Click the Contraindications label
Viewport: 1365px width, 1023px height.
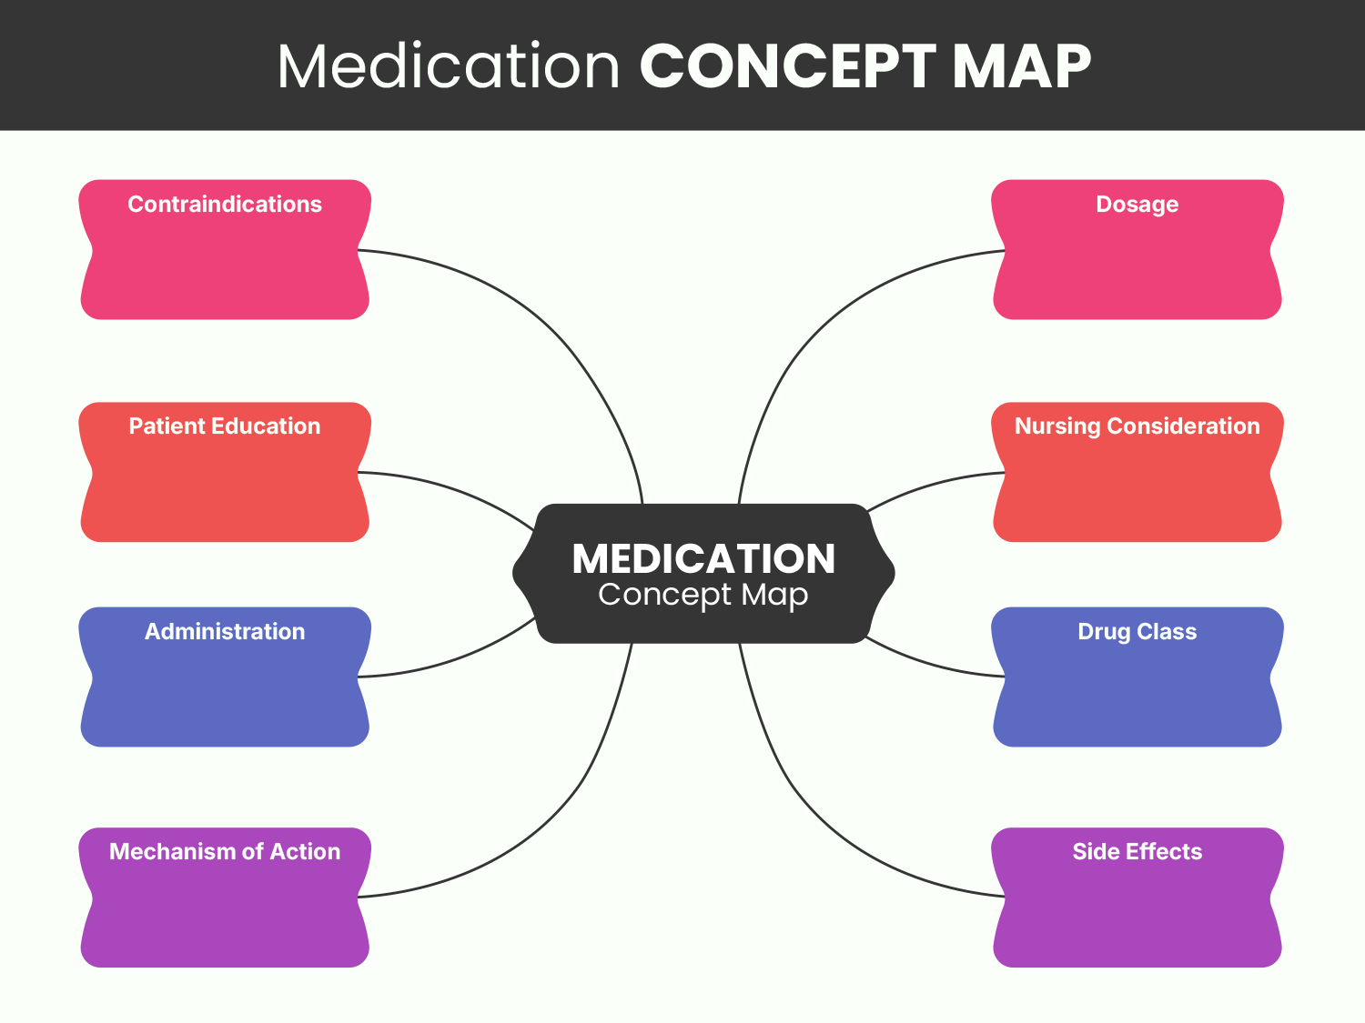point(224,205)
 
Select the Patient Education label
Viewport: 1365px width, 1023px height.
point(224,426)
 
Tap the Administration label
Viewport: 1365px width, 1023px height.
point(224,632)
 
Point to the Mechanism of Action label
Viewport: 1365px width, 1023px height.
point(224,852)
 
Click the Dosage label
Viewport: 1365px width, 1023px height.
point(1137,205)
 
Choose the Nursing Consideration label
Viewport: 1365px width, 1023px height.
point(1137,426)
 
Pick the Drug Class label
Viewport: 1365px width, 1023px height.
point(1137,632)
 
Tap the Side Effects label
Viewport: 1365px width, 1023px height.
point(1137,852)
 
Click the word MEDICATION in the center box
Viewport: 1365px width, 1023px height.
point(703,559)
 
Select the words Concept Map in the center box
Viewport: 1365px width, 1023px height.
point(703,595)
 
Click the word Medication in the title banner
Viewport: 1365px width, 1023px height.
point(449,66)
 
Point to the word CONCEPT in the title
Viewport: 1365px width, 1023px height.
point(787,66)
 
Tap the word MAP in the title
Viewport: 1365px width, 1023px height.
point(1021,66)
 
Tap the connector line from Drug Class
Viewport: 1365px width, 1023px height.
point(928,663)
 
